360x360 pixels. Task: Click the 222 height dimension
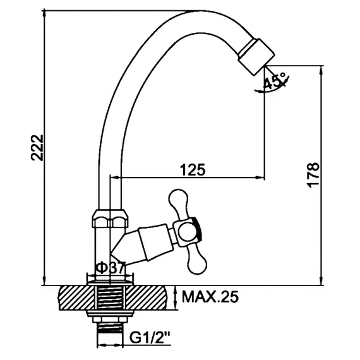(x=37, y=148)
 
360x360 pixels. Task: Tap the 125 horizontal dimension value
(x=193, y=170)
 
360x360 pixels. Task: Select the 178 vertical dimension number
(x=313, y=176)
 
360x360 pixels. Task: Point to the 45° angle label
(x=275, y=81)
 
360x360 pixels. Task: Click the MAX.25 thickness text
(x=210, y=297)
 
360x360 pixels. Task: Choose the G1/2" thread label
(x=150, y=337)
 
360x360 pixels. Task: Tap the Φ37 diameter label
(x=111, y=268)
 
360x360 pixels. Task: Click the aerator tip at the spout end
(x=256, y=56)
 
